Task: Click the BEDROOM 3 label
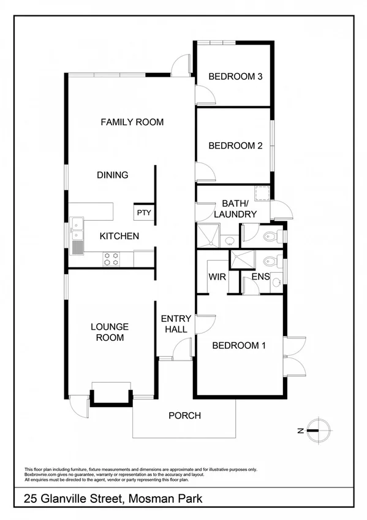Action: [235, 77]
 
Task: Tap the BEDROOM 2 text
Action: [235, 145]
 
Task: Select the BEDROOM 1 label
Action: [239, 345]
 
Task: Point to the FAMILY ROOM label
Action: [132, 122]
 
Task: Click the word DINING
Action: [113, 175]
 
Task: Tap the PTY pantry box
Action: [143, 213]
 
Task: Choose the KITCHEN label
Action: [119, 235]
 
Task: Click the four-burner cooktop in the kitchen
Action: [111, 259]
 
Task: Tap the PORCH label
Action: [184, 415]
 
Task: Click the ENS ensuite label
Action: [260, 277]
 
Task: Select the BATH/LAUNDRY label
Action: [235, 208]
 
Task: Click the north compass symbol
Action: [319, 430]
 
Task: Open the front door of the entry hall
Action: [182, 350]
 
